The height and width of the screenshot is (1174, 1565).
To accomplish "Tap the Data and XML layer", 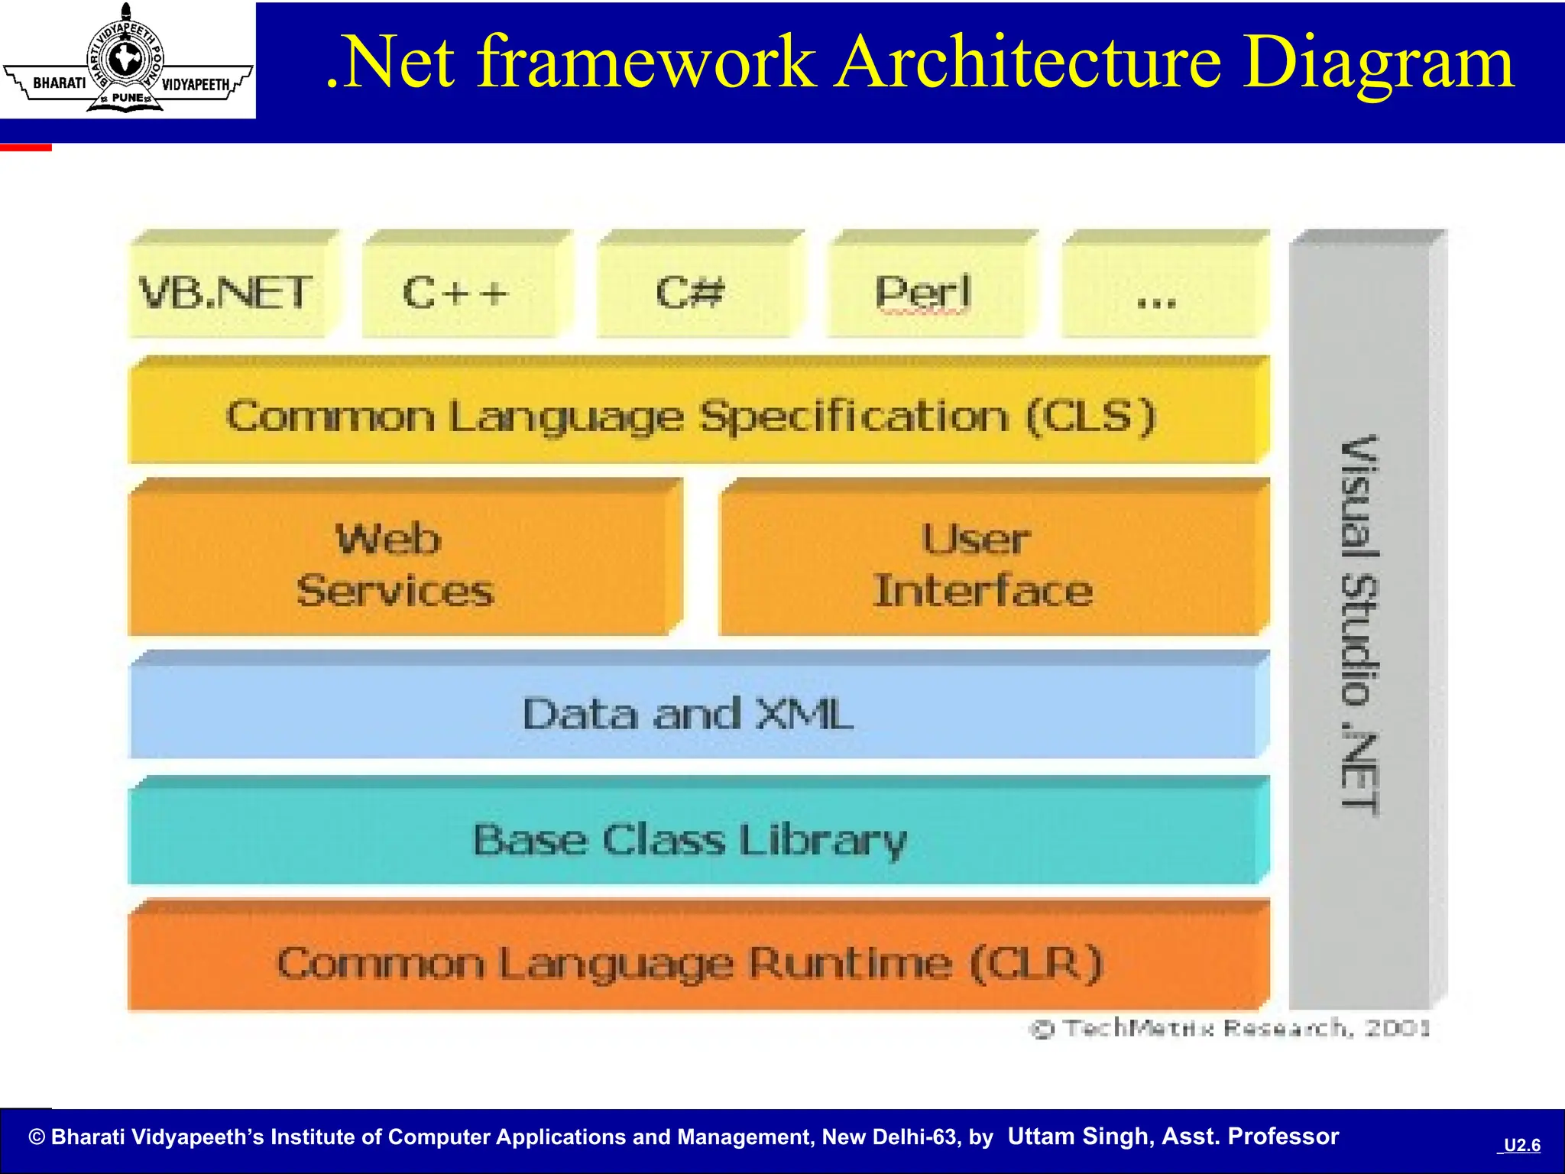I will [692, 713].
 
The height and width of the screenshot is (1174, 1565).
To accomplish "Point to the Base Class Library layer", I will [692, 839].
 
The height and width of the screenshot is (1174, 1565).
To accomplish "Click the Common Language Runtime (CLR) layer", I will [692, 963].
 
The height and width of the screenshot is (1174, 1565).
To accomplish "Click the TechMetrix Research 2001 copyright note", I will [1230, 1029].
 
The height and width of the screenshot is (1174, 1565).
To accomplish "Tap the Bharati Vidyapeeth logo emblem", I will [126, 61].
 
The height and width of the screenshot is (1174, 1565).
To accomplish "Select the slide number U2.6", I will [1521, 1145].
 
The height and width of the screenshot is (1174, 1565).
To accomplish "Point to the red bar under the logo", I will [26, 147].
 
